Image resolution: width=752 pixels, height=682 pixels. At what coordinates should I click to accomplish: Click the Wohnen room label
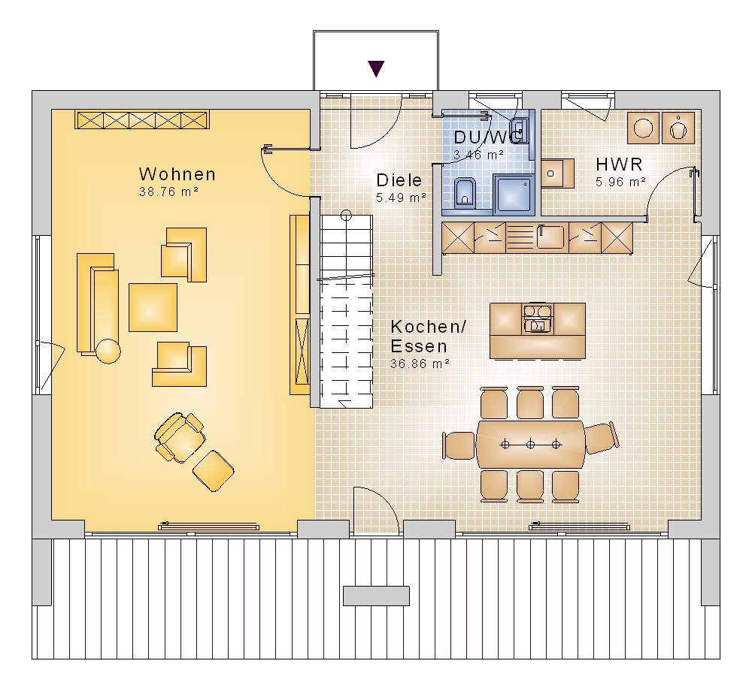pos(177,174)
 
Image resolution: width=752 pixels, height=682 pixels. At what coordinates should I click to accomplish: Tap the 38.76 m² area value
pos(168,192)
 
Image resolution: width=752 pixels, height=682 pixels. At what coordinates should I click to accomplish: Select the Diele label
pos(399,180)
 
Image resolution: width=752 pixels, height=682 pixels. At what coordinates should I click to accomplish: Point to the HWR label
pos(619,164)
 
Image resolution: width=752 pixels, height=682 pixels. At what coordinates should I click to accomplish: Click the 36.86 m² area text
pos(420,364)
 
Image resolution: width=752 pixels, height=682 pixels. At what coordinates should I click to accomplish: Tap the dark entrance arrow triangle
pos(377,68)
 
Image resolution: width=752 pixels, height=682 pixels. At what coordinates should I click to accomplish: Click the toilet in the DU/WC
pos(465,192)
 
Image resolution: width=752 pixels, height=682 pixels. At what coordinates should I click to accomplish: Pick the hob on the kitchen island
pos(538,318)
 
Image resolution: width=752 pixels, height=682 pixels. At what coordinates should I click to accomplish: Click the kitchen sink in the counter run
pos(550,237)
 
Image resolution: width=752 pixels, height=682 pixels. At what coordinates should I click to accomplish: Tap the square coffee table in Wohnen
pos(153,307)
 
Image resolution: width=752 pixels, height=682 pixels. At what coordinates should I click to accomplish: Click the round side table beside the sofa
pos(108,352)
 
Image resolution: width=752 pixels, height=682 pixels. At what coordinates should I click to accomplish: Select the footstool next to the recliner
pos(214,471)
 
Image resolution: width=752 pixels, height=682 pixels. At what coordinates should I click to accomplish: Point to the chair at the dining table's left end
pos(459,446)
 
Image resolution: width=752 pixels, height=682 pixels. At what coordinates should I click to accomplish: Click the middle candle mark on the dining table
pos(530,445)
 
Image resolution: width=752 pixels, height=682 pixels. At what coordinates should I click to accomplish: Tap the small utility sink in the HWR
pos(557,174)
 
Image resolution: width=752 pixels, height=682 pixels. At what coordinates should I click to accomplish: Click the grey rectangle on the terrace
pos(377,596)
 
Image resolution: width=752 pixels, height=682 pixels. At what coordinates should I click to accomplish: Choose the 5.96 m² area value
pos(620,182)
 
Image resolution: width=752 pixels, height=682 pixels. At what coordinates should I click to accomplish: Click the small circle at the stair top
pos(346,216)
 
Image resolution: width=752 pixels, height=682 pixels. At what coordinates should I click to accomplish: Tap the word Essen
pos(419,346)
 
